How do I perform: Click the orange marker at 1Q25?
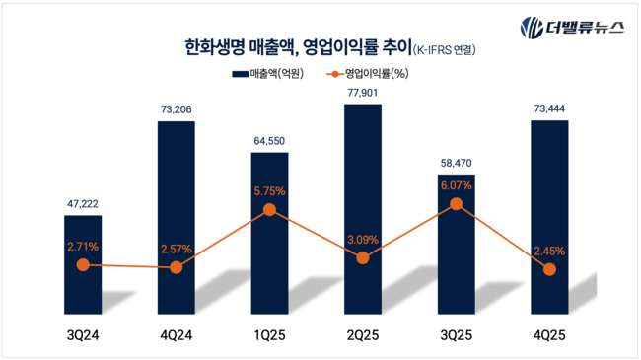point(269,209)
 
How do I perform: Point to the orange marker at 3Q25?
point(456,204)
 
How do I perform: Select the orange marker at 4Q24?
point(177,267)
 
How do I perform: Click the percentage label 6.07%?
point(456,184)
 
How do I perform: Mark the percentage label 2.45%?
point(549,251)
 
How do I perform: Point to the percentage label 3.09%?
point(363,239)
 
